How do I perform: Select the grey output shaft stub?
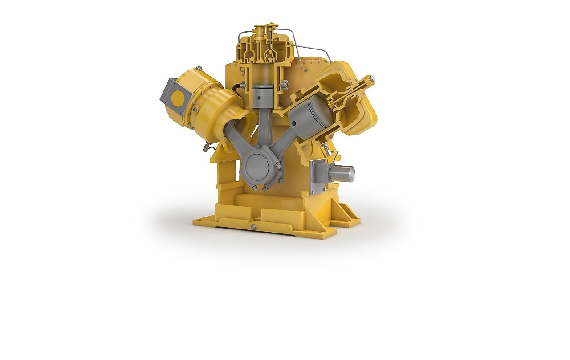coord(344,173)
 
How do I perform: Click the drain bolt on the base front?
coord(254,227)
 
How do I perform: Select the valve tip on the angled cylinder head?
coord(371,79)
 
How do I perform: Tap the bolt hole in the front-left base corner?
coord(199,220)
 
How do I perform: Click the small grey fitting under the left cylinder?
coord(206,147)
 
